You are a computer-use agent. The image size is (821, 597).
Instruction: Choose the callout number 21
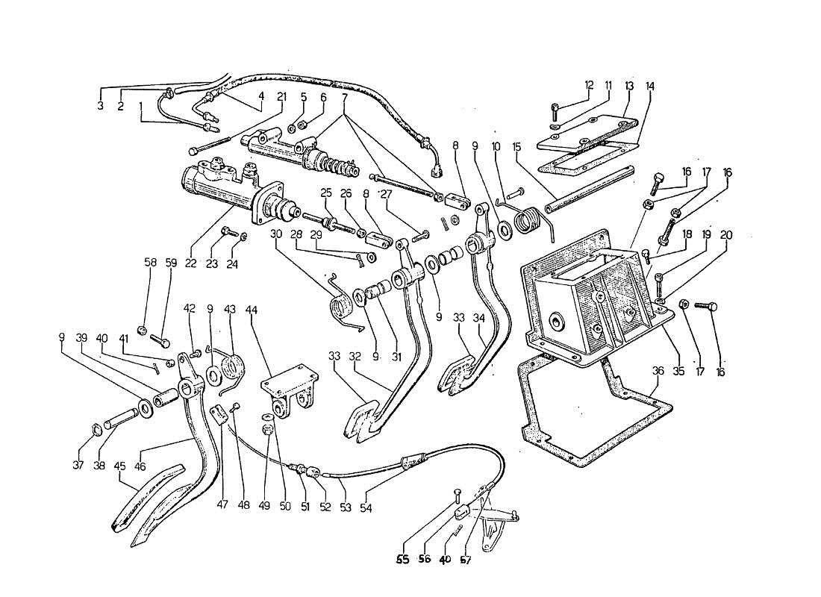(x=281, y=96)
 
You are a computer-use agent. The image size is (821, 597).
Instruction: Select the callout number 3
(x=100, y=106)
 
